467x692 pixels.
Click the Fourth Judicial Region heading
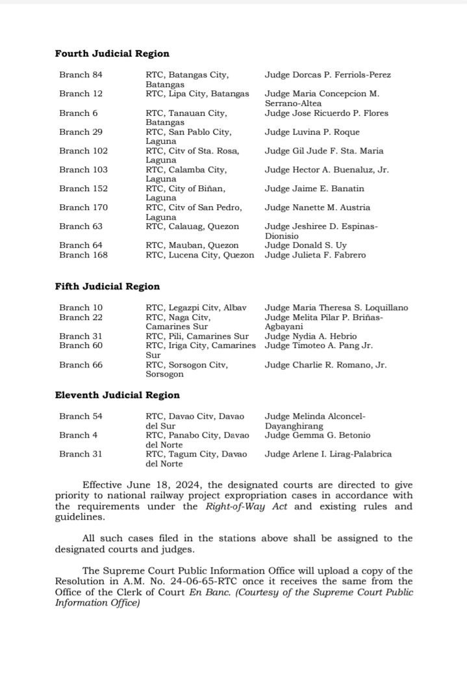click(x=112, y=53)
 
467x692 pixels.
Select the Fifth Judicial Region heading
click(x=107, y=286)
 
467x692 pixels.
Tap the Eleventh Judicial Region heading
click(x=117, y=395)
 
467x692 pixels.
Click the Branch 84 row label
click(x=81, y=75)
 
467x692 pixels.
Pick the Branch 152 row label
click(x=83, y=189)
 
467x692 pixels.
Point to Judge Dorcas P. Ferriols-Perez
click(x=327, y=75)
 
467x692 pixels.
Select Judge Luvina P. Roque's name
click(x=312, y=132)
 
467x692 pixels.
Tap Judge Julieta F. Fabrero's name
click(x=315, y=255)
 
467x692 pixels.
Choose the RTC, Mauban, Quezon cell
click(x=192, y=245)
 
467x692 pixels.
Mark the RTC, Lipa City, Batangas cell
click(x=197, y=94)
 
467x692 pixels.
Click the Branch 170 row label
click(x=83, y=207)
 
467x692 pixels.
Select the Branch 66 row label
click(x=81, y=365)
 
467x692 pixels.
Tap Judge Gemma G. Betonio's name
click(x=317, y=435)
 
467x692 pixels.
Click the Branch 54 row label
click(x=81, y=416)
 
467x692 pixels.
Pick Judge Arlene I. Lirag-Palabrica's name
click(x=328, y=454)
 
